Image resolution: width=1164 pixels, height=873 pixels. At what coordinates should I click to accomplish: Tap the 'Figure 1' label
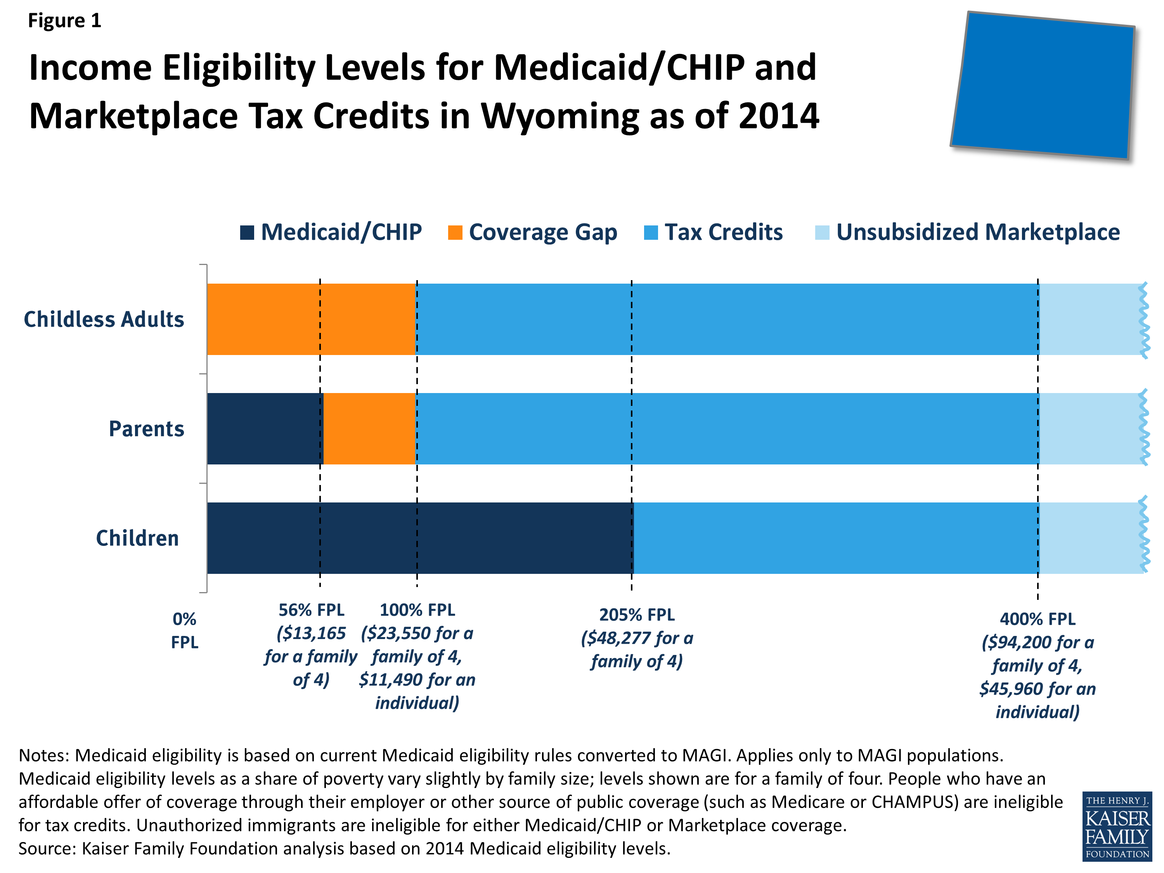click(64, 21)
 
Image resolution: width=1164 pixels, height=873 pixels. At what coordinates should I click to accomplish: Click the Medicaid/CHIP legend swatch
click(247, 232)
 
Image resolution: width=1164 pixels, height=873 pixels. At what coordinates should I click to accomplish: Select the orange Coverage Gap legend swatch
click(455, 232)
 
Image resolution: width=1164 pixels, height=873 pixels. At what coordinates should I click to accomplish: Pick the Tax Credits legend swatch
click(651, 232)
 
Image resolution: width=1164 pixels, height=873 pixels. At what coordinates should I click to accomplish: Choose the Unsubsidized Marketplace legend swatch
click(822, 232)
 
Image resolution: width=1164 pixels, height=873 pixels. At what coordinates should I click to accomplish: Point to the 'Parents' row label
click(146, 429)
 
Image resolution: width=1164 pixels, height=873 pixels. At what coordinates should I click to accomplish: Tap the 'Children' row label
click(137, 538)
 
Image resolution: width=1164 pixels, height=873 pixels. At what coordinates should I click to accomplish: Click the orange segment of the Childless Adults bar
click(310, 319)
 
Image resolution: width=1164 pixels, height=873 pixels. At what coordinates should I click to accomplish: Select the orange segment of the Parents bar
click(369, 429)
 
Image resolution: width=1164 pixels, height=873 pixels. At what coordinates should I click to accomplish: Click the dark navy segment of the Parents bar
click(265, 429)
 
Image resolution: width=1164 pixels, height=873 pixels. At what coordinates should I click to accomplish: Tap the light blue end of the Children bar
click(1089, 538)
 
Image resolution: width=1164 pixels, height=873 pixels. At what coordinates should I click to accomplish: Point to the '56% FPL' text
click(311, 610)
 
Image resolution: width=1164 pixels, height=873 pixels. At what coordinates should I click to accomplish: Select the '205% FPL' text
click(637, 615)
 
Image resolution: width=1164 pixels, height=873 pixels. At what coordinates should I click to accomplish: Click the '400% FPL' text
click(1037, 619)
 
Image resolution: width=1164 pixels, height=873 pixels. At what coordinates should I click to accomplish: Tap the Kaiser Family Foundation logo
click(1117, 826)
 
